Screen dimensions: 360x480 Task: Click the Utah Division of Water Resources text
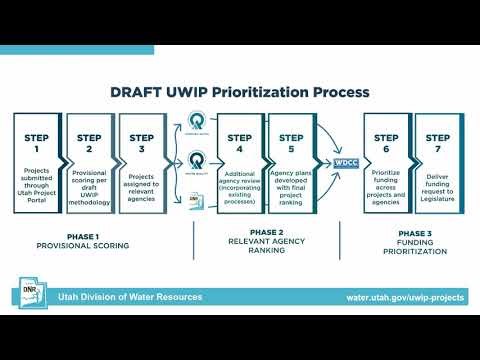point(130,298)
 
